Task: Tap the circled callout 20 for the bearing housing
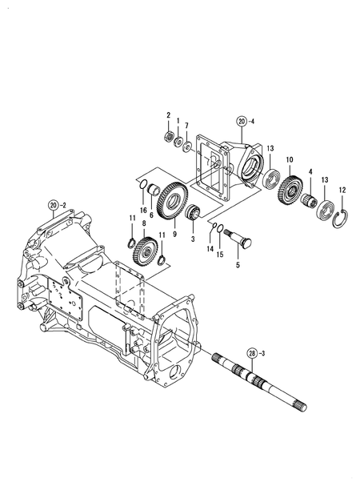tap(242, 123)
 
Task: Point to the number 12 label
tap(342, 190)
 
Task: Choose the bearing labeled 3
tap(193, 217)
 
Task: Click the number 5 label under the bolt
tap(237, 263)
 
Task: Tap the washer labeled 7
tap(186, 146)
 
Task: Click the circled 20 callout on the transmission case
tap(55, 205)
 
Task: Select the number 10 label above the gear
tap(290, 159)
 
